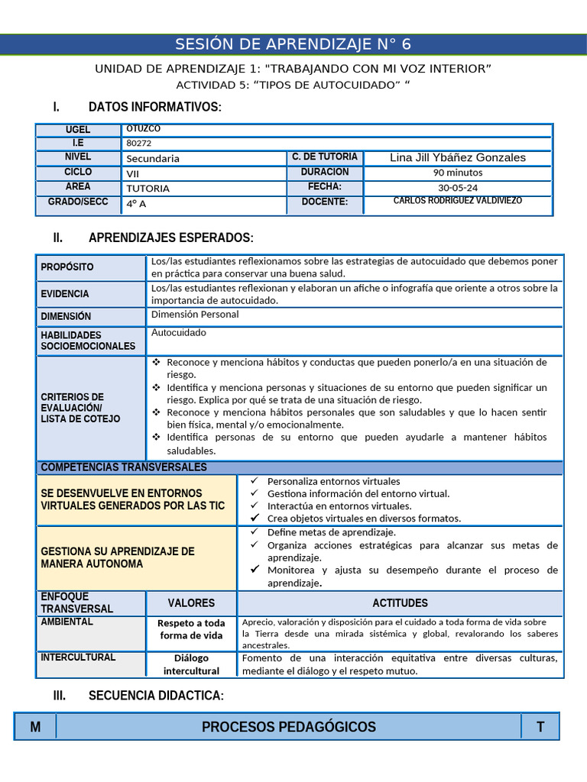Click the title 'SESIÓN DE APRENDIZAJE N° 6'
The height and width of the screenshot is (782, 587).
(293, 44)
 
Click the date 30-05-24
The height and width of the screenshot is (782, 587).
(457, 187)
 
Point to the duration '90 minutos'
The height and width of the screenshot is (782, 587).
(457, 173)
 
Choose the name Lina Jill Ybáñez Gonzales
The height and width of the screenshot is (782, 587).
(458, 157)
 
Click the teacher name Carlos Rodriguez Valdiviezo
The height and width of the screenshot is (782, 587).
(458, 201)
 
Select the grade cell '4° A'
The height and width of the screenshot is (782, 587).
(137, 204)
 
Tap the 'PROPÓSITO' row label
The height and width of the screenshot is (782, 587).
(67, 267)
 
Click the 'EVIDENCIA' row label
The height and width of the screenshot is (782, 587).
(65, 294)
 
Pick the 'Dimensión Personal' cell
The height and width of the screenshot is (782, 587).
(195, 314)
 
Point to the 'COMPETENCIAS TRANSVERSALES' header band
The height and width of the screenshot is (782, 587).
(123, 467)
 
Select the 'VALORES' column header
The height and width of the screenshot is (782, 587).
(191, 603)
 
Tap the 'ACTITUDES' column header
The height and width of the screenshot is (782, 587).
(400, 603)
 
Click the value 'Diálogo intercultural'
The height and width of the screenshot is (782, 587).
(191, 664)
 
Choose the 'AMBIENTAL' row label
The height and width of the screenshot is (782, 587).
(66, 622)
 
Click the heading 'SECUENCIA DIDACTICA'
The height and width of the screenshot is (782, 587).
(156, 696)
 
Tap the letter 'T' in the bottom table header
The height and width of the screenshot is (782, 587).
(540, 727)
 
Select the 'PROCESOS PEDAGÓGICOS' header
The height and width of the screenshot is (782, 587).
(289, 727)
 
